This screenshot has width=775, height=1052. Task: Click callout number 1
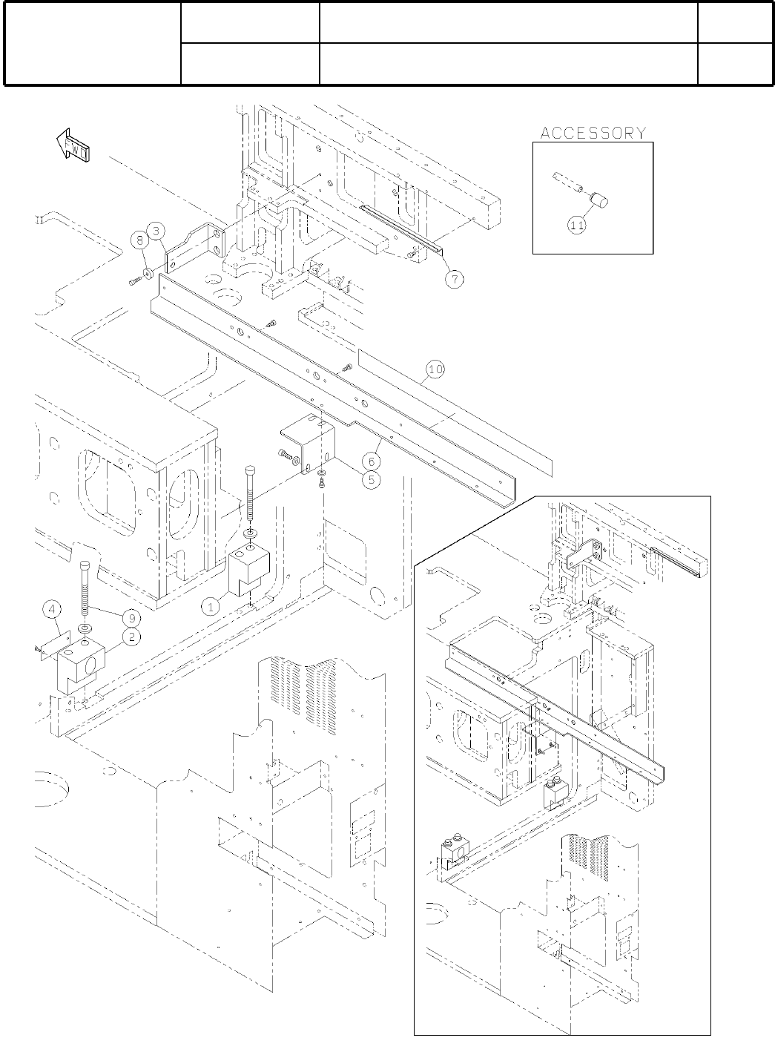point(211,607)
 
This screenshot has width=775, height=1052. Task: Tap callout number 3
point(156,231)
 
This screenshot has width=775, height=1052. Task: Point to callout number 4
point(51,611)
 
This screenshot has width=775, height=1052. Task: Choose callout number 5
point(371,479)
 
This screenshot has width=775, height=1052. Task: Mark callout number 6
point(375,461)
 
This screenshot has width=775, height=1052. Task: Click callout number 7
point(454,278)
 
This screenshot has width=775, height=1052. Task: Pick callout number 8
point(139,240)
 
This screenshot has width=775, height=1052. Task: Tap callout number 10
point(435,368)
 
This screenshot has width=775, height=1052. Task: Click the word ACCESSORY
point(593,134)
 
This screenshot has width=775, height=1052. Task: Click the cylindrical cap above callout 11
point(597,200)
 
